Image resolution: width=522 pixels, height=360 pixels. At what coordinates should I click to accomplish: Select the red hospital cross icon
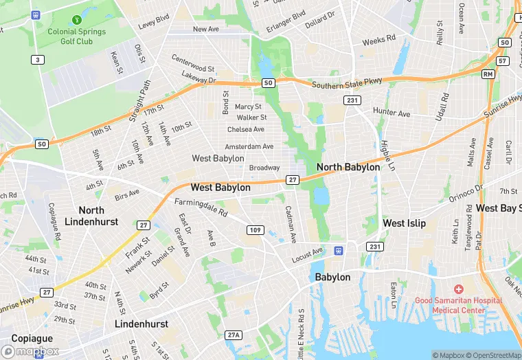point(458,291)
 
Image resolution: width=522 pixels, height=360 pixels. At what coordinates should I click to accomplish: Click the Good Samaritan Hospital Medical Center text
point(458,305)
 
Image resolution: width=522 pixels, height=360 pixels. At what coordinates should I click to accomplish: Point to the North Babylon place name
point(348,167)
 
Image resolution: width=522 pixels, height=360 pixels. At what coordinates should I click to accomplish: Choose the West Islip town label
point(404,223)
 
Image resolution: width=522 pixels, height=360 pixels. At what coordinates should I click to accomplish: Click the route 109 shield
point(254,229)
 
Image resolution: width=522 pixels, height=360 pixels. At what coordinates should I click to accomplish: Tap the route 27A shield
point(234,335)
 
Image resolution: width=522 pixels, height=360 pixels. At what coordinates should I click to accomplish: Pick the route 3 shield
point(36,60)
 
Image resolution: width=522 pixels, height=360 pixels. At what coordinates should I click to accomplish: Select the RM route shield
point(488,74)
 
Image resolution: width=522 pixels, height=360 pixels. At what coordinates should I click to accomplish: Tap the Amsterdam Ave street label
point(250,146)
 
